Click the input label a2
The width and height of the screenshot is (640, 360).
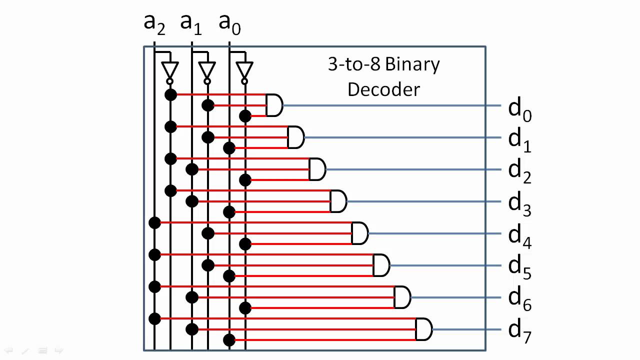pos(154,24)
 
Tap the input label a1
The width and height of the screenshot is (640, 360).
pos(191,24)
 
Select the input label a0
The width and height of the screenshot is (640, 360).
pos(229,24)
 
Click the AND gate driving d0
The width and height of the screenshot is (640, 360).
pos(274,105)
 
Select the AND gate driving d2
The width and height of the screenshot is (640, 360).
pos(317,169)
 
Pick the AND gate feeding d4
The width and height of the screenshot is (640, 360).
pos(359,233)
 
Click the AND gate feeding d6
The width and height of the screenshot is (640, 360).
pos(402,297)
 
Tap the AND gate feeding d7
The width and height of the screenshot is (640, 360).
pos(423,329)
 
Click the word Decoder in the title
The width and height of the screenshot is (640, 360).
pos(383,89)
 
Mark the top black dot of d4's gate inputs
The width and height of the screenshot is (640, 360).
pos(154,222)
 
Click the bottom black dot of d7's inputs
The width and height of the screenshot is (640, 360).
pos(229,340)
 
